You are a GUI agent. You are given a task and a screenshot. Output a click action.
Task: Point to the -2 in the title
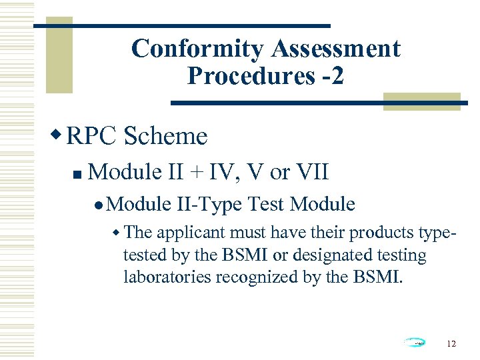point(331,76)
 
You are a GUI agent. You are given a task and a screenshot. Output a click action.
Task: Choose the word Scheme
point(165,137)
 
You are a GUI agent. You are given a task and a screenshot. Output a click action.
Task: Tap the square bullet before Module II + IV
point(77,175)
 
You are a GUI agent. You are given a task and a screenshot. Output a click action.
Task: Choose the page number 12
point(451,343)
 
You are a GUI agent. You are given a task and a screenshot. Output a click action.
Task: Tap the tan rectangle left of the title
point(53,47)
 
